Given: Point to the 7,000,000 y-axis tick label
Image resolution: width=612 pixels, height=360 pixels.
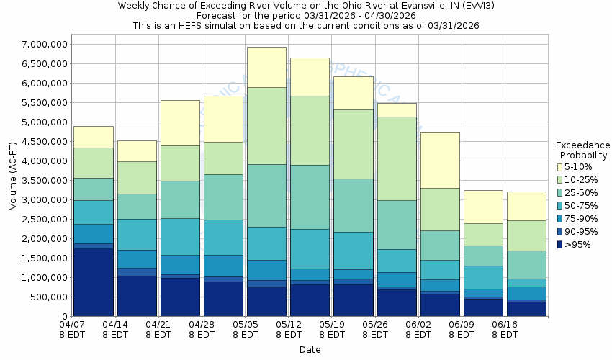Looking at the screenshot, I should [x=44, y=44].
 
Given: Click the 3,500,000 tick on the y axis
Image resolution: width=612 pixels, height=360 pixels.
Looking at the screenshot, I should [x=44, y=180].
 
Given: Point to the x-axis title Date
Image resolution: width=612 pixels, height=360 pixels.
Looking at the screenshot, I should [x=310, y=350].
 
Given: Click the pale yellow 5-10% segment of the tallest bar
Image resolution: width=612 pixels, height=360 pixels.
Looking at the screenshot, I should [x=266, y=67].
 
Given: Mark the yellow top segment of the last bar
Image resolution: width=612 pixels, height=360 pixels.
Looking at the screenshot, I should [x=526, y=206].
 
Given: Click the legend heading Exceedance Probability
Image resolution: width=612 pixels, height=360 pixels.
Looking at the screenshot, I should [x=583, y=150].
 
